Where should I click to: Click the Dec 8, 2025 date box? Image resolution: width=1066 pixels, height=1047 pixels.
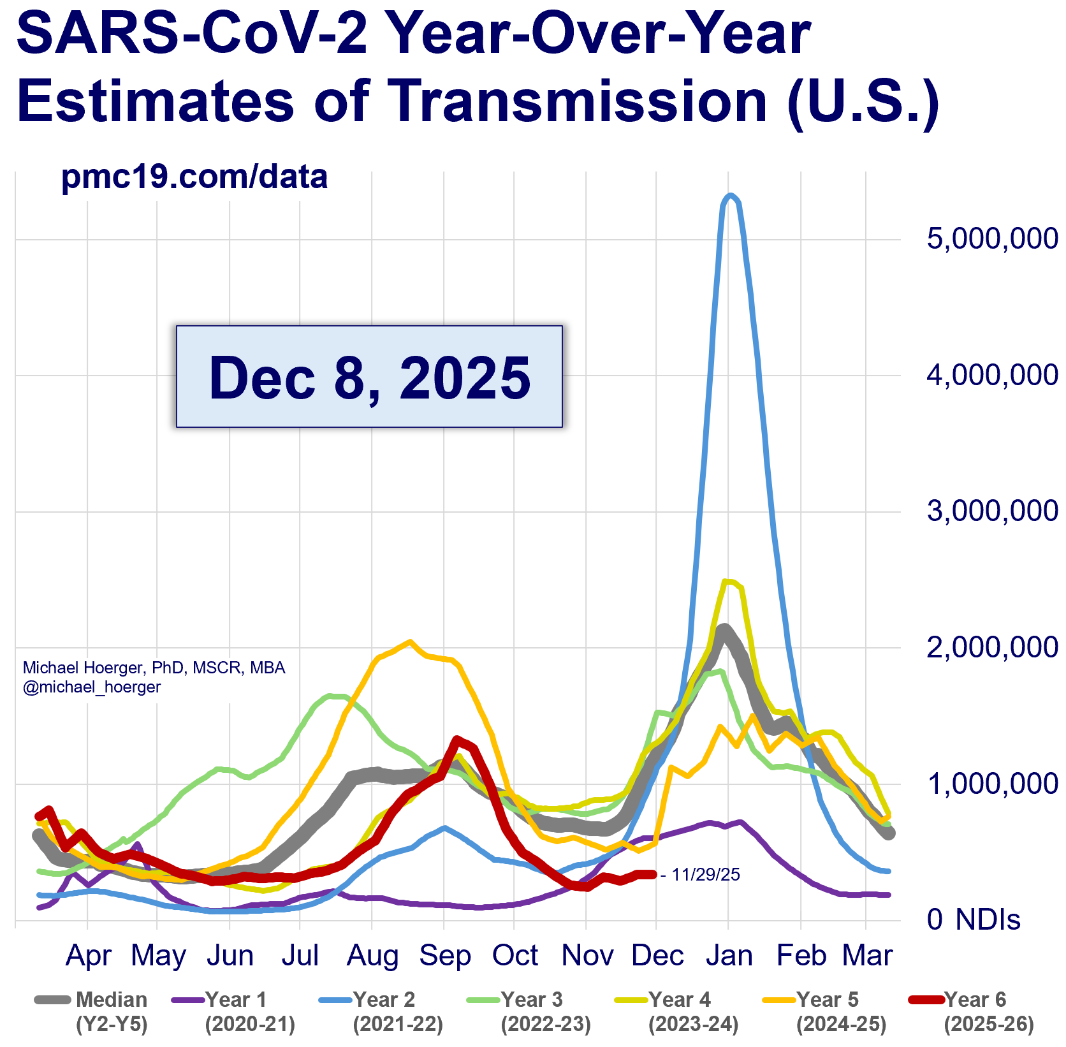369,376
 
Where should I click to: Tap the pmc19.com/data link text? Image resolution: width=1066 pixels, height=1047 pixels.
194,177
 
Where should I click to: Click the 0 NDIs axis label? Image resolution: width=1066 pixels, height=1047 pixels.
974,919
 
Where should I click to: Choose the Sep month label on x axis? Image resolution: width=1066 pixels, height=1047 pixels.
444,956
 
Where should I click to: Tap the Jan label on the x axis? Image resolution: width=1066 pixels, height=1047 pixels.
729,956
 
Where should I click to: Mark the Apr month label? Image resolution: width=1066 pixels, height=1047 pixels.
89,956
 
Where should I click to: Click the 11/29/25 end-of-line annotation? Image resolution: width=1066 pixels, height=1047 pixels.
705,874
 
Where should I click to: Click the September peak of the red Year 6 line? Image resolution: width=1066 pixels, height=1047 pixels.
456,739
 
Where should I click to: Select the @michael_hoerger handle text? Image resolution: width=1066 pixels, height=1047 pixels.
92,687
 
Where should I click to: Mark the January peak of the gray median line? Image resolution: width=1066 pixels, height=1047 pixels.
723,628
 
